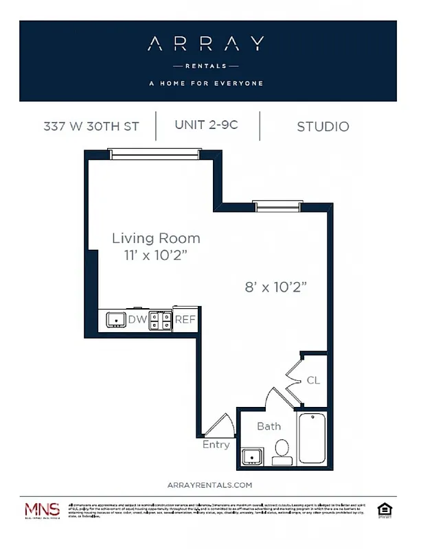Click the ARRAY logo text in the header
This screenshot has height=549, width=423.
[207, 45]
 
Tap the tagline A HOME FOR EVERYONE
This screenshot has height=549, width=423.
[207, 84]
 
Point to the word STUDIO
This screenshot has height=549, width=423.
[323, 126]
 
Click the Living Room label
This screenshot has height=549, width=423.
[156, 239]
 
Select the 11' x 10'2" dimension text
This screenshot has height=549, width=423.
[156, 256]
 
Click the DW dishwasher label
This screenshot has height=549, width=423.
[137, 319]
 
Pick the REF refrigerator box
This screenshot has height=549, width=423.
[185, 319]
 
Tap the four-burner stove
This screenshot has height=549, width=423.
[161, 319]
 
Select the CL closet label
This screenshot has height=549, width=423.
[312, 380]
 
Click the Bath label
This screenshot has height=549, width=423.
[268, 426]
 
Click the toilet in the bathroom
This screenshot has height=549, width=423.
[282, 450]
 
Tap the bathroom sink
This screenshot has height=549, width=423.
[252, 456]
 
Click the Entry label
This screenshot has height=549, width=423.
[216, 445]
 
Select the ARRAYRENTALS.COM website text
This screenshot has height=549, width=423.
[209, 484]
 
